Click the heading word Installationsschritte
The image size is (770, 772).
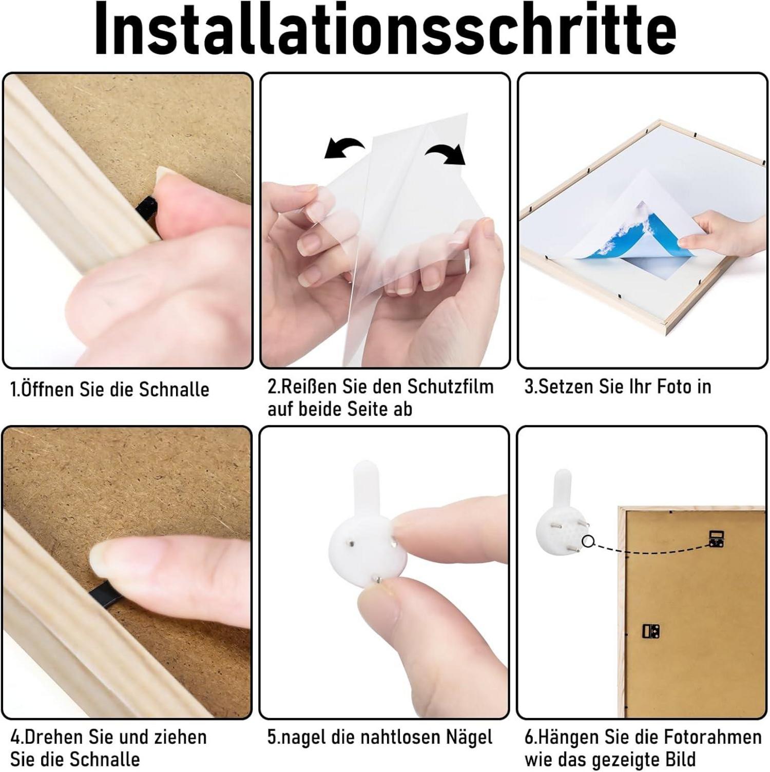385,30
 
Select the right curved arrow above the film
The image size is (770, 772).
446,153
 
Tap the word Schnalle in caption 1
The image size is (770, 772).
174,390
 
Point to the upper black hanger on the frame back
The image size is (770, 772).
717,538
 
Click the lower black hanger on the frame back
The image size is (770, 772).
651,631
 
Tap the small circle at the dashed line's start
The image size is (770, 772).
588,541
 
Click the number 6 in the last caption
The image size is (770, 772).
529,738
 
